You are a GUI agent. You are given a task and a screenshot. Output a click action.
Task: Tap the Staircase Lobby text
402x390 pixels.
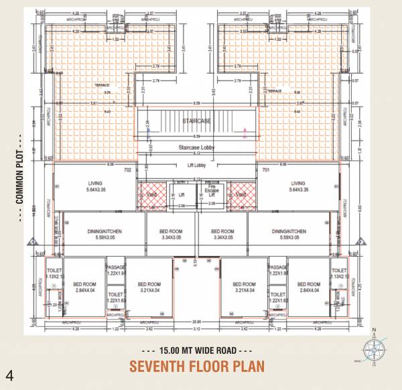[196, 147]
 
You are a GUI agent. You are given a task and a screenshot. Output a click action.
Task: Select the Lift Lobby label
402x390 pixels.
[196, 165]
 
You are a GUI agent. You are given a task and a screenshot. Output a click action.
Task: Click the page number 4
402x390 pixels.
[9, 373]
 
